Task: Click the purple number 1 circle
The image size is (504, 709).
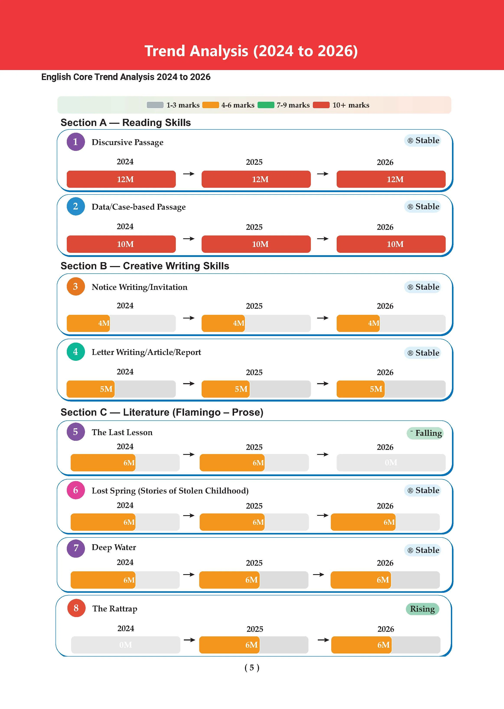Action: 76,142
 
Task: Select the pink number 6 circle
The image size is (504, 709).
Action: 76,490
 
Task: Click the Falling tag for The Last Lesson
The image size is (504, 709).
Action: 425,433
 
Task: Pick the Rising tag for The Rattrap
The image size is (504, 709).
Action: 422,609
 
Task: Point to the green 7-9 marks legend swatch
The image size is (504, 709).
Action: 266,105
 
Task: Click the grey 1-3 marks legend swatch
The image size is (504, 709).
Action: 155,105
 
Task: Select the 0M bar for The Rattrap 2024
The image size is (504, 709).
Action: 126,645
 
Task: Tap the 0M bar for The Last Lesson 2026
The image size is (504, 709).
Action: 391,462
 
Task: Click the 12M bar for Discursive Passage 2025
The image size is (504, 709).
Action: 256,179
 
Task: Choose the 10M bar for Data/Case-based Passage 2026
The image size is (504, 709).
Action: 391,244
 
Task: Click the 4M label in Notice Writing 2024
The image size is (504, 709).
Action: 104,323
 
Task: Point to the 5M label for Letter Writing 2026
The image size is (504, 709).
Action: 376,389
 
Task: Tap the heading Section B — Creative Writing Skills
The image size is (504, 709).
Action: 145,266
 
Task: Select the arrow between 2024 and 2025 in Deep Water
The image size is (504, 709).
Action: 189,574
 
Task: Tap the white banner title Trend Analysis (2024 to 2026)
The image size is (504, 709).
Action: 251,51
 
